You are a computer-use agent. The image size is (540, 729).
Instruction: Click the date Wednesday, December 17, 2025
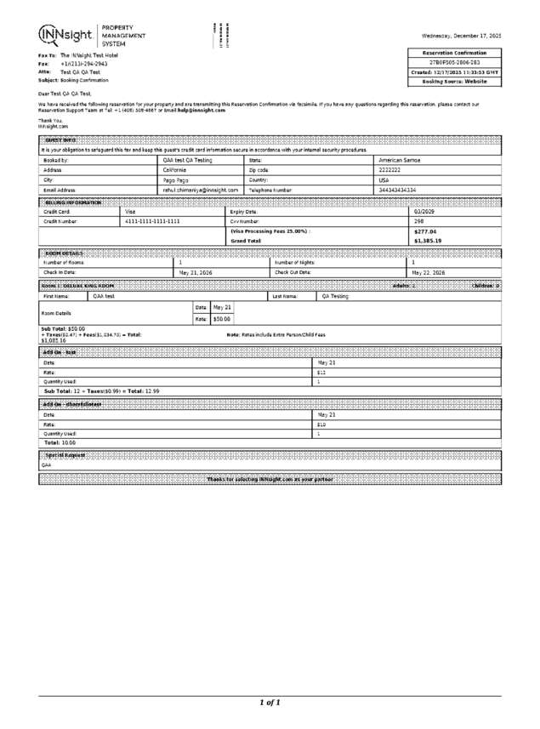tap(461, 36)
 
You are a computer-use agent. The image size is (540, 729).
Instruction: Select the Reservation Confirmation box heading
tap(455, 53)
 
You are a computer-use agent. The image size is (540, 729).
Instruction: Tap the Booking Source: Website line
tap(455, 82)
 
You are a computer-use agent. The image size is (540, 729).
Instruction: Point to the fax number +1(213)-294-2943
tap(83, 64)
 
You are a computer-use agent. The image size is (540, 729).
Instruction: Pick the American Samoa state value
tap(399, 160)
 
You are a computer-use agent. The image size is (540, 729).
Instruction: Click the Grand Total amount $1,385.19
tap(427, 242)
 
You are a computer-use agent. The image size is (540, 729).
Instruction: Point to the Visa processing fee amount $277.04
tap(424, 231)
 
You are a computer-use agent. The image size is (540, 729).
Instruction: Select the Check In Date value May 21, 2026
tap(196, 272)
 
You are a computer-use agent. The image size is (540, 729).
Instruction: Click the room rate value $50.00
tap(221, 319)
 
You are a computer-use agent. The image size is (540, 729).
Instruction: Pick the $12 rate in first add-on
tap(321, 373)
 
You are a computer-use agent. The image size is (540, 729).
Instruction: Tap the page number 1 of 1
tap(270, 703)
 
